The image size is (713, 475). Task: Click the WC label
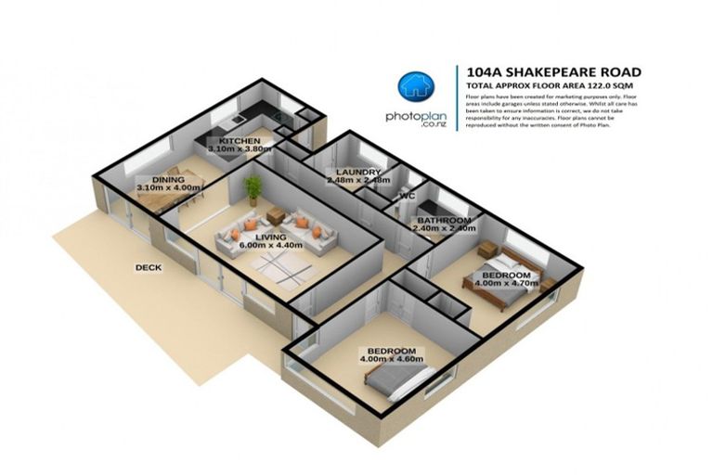click(406, 197)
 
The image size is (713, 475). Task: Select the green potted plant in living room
click(252, 188)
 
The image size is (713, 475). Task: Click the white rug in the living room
click(281, 269)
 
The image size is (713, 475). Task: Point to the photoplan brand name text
click(414, 118)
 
